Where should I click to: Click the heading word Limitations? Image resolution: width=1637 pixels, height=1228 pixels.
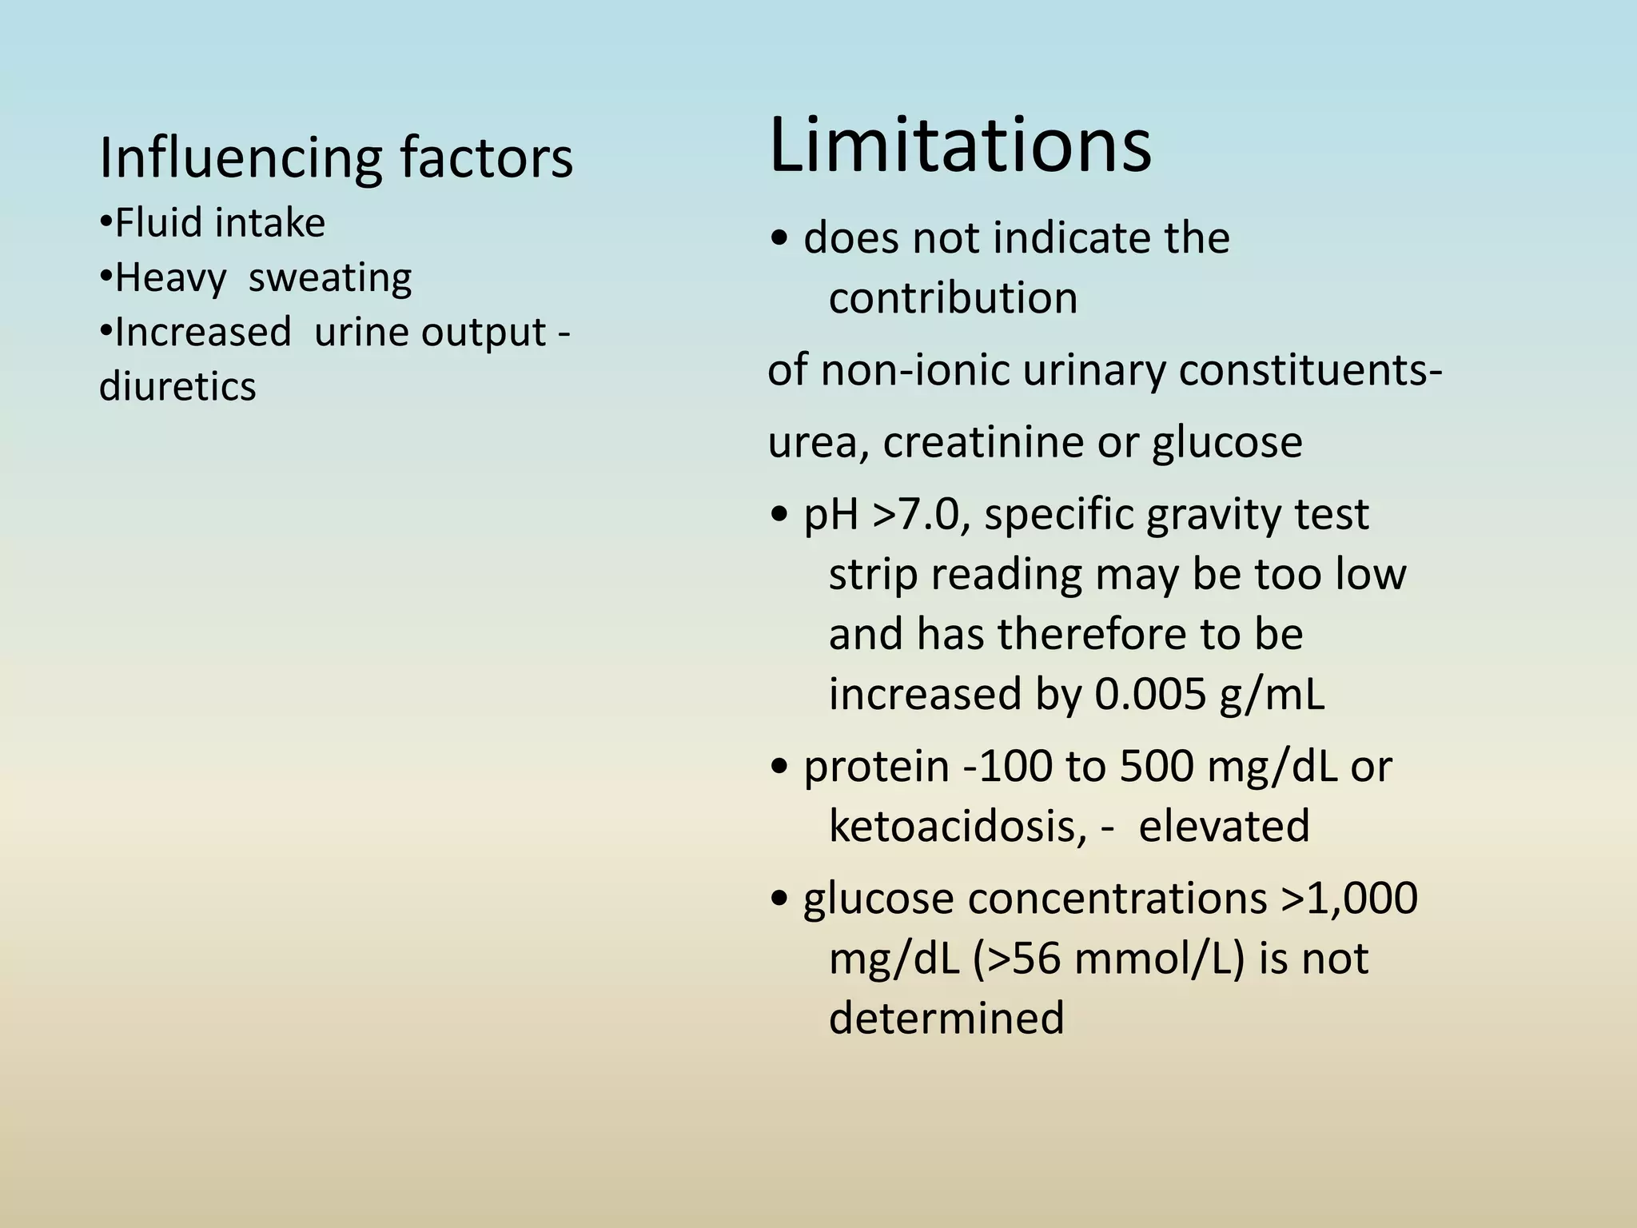tap(959, 146)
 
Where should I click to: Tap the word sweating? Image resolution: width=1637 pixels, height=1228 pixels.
tap(329, 278)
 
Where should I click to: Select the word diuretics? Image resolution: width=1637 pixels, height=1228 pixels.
tap(177, 386)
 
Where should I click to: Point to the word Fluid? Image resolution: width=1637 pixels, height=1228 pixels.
tap(159, 223)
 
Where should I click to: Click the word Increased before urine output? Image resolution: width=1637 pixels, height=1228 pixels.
tap(203, 332)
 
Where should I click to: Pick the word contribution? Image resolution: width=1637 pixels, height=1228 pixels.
tap(953, 298)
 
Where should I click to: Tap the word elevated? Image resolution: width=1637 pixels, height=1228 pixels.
tap(1224, 826)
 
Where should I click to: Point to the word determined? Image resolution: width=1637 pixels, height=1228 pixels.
tap(946, 1018)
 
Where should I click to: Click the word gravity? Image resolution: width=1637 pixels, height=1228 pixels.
tap(1213, 514)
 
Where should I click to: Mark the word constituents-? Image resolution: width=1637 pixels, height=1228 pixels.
tap(1311, 370)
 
